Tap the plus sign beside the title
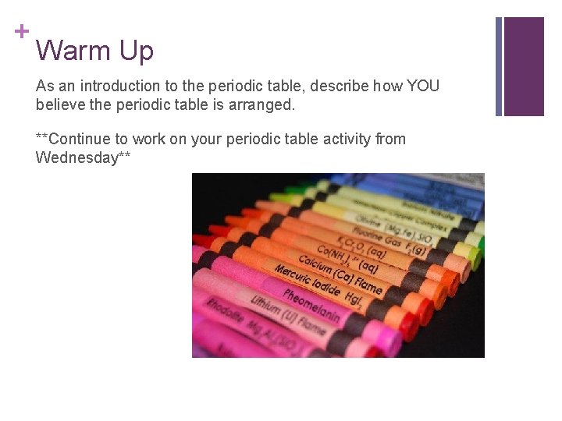21,31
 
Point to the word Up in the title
136,51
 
